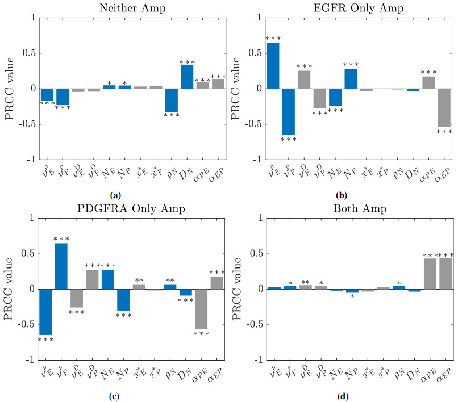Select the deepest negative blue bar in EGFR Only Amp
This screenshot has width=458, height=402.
tap(289, 111)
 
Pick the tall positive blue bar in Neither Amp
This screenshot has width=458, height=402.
tap(188, 77)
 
